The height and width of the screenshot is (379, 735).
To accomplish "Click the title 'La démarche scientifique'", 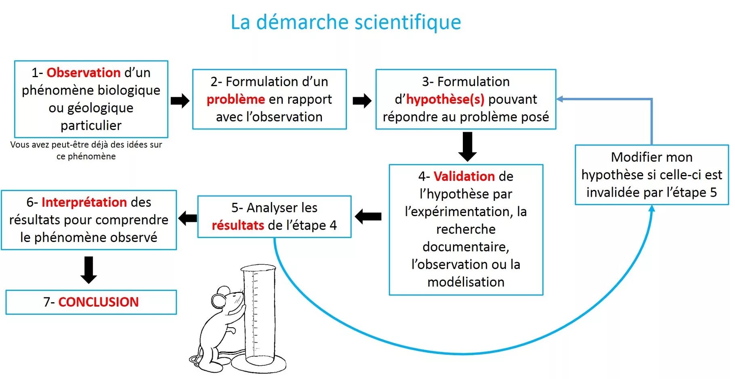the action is (346, 22).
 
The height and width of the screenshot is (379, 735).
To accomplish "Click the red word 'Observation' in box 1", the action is (84, 73).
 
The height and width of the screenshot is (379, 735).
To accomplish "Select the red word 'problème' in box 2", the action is (235, 99).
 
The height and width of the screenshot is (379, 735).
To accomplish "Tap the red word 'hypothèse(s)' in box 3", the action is (445, 99).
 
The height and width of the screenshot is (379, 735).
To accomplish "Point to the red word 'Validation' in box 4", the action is (464, 177).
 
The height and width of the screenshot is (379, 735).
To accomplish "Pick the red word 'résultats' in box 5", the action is (238, 225).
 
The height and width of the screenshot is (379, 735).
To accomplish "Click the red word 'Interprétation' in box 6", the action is (84, 202).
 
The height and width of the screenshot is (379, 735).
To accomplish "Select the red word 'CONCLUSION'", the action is (99, 302).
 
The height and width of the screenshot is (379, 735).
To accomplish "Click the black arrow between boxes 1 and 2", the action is (180, 101).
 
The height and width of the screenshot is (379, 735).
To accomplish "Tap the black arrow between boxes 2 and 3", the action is (362, 101).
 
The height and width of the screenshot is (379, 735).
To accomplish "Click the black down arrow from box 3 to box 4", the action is (467, 146).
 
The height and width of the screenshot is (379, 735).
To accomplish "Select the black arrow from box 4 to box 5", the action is (368, 217).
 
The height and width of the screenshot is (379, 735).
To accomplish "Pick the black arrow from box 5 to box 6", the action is (187, 218).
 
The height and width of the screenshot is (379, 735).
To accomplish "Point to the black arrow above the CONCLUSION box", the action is (89, 270).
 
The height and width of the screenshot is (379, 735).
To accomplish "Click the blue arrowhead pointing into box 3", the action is (560, 99).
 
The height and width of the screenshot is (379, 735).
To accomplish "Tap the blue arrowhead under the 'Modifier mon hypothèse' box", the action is (651, 209).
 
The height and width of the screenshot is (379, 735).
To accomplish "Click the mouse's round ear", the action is (218, 300).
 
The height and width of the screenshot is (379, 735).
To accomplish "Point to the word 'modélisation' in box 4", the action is (466, 282).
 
